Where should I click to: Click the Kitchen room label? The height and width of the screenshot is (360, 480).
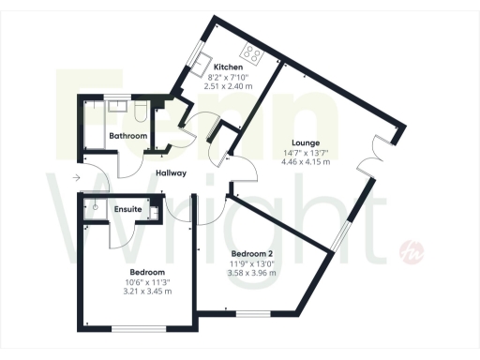pos(230,68)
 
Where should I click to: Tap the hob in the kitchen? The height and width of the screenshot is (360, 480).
pos(253,52)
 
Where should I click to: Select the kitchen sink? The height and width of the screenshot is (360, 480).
pos(203,63)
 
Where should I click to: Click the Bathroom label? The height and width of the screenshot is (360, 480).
pos(127,137)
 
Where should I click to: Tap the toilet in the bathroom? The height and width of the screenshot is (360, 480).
pos(138,115)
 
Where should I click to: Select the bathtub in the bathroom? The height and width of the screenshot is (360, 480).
pos(93,127)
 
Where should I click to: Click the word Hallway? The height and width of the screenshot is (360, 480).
pos(171,173)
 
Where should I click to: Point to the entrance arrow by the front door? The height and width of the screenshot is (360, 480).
pos(75,177)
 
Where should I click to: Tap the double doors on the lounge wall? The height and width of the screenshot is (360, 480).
pos(369,154)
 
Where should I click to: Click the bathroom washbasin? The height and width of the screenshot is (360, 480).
pos(117,107)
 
